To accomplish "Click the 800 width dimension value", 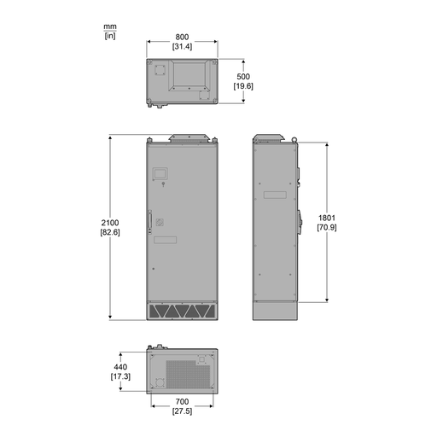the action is (182, 37).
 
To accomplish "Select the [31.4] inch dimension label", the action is (182, 46).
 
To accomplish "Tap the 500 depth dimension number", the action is (243, 77).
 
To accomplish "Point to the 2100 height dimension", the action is (110, 223).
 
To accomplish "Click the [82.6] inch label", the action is (110, 232).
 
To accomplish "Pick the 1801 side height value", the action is (327, 218).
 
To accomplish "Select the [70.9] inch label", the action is (327, 228).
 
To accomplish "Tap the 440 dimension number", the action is (120, 367).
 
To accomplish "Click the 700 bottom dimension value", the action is (182, 402).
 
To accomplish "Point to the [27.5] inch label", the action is (182, 411).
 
